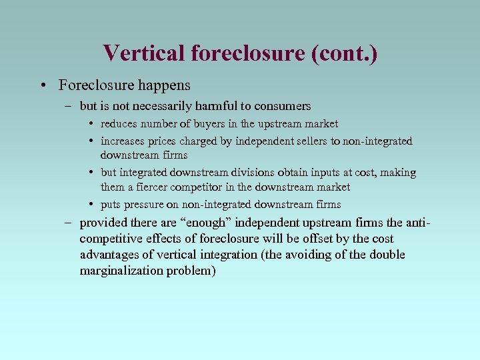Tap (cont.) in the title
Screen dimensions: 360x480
[x=344, y=53]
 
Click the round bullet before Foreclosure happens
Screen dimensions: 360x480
[x=43, y=85]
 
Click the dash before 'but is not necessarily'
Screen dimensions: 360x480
[x=70, y=106]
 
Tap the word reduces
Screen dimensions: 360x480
[x=119, y=123]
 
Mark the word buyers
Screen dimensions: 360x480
[x=210, y=123]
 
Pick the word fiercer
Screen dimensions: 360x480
[x=149, y=187]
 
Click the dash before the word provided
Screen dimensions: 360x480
[x=70, y=223]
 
